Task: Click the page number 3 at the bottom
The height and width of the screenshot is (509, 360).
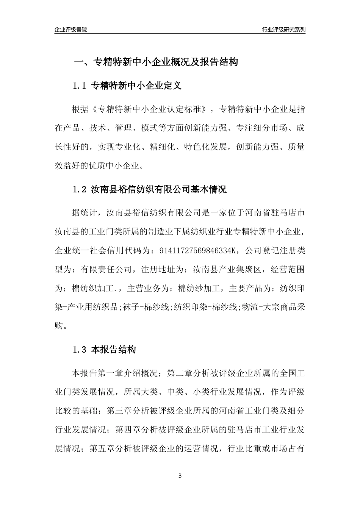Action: coord(180,475)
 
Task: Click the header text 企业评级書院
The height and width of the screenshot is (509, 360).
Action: coord(71,30)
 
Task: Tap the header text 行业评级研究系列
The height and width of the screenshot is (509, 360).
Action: coord(283,30)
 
